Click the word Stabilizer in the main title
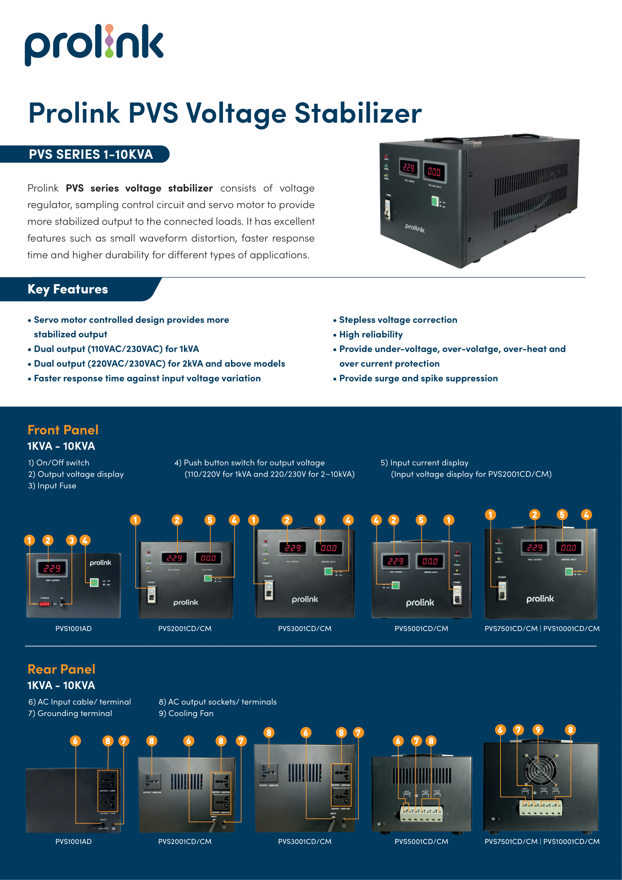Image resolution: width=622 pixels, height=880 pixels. point(358,114)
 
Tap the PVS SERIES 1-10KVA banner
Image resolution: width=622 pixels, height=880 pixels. point(91,154)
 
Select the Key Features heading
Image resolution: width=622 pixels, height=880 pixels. point(68,289)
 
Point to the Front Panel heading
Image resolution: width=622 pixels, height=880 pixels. point(63,430)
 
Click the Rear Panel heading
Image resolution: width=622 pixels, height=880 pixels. point(61,669)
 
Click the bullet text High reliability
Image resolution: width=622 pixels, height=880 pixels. point(371,334)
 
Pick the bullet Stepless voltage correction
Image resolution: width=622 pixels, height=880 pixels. point(398,320)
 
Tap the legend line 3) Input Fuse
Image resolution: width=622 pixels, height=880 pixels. point(52,486)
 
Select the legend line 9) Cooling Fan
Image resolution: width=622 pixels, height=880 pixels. point(186,713)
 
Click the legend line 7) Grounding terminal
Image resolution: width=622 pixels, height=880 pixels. point(70,713)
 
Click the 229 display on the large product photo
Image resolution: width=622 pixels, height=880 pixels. point(409,167)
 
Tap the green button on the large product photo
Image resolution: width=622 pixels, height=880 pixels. point(435,201)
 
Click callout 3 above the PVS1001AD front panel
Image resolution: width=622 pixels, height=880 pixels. point(71,540)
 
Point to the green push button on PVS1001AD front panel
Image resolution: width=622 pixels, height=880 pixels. point(94,583)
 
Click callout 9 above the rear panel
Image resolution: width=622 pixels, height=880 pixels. point(538,730)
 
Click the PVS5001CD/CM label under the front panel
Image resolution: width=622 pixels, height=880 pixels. point(421,629)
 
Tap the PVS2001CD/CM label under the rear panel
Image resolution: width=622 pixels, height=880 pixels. point(185,842)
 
